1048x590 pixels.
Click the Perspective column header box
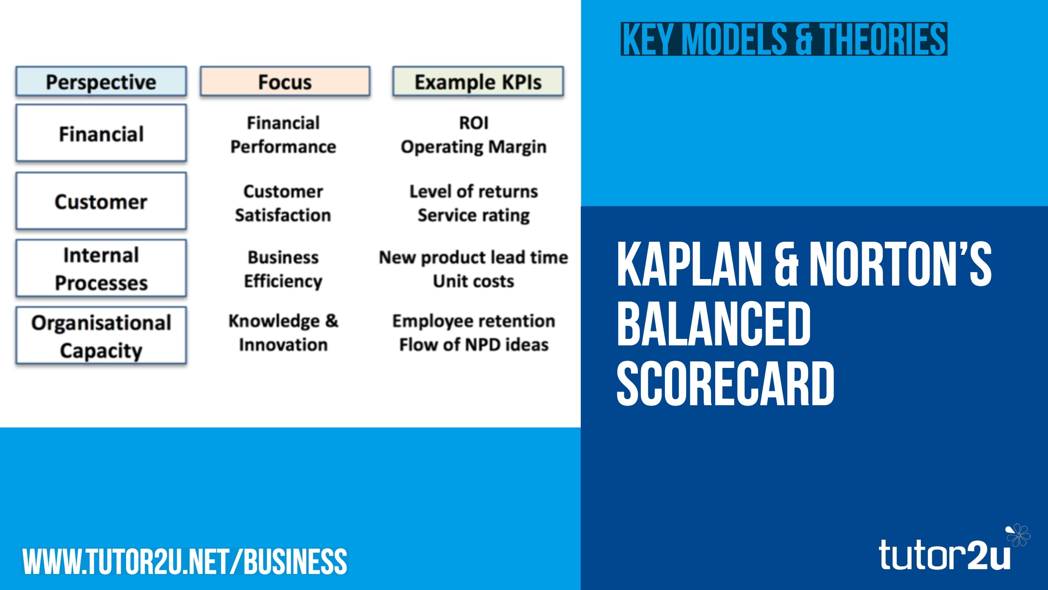tap(101, 82)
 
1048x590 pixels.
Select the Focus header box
tap(285, 82)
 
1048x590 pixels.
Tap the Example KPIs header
tap(478, 82)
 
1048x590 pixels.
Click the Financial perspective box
tap(101, 133)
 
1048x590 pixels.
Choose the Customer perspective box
tap(101, 201)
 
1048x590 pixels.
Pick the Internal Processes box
tap(101, 268)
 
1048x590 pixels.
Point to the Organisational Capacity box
tap(101, 336)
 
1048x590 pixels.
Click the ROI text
tap(474, 123)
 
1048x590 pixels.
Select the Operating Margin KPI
tap(474, 147)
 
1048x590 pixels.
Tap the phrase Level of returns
tap(474, 191)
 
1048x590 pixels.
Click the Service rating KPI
tap(474, 216)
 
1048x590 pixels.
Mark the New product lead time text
tap(474, 258)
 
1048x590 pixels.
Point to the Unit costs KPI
tap(474, 281)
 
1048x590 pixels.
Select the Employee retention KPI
tap(474, 321)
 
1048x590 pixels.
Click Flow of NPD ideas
tap(474, 345)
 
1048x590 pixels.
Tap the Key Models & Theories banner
tap(784, 39)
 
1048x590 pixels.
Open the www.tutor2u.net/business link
tap(185, 562)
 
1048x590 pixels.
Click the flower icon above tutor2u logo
tap(1018, 535)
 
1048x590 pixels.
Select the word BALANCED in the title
tap(714, 323)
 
